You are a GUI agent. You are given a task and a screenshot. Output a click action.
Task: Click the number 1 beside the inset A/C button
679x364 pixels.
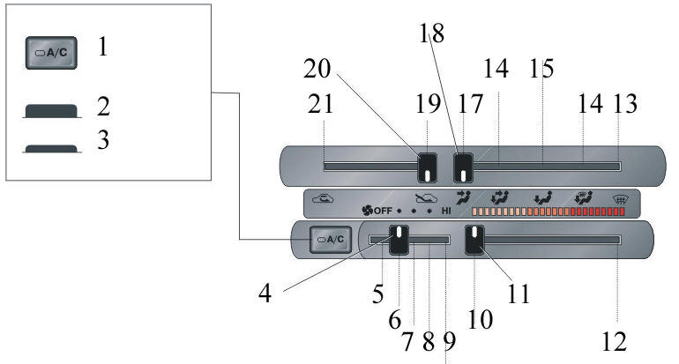103,47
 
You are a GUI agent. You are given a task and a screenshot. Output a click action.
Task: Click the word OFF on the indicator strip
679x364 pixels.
381,212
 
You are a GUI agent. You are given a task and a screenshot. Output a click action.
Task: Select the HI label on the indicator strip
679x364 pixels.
446,212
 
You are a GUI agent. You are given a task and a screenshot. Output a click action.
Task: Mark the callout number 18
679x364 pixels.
432,33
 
